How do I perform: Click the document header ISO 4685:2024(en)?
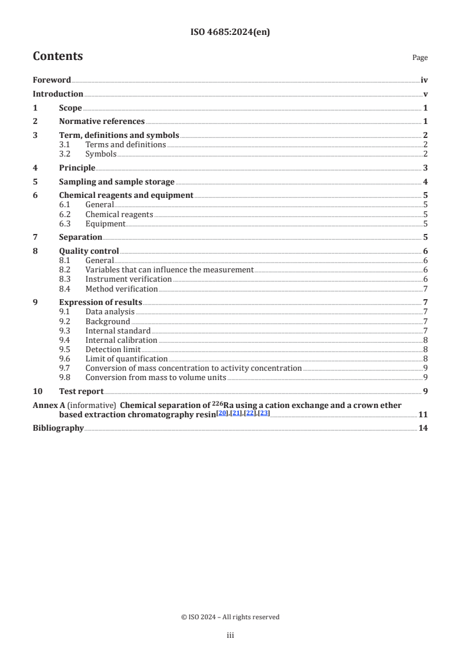pos(230,33)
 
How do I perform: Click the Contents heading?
pos(58,56)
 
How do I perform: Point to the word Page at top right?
pos(420,58)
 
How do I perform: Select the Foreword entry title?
pos(52,80)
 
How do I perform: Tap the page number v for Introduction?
pos(426,94)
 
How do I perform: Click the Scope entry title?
pos(70,108)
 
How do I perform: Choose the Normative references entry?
pos(102,122)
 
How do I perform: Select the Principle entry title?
pos(77,168)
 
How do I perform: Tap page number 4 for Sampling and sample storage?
pos(426,182)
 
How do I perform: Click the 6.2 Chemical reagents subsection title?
pos(119,215)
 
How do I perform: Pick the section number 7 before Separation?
pos(35,237)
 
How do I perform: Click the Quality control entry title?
pos(89,251)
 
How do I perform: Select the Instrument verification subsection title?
pos(128,279)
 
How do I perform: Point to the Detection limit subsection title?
pos(113,349)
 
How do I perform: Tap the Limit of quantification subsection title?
pos(126,359)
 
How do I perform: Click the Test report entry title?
pos(81,392)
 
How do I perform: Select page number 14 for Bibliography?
pos(423,428)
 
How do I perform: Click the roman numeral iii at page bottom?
pos(230,636)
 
